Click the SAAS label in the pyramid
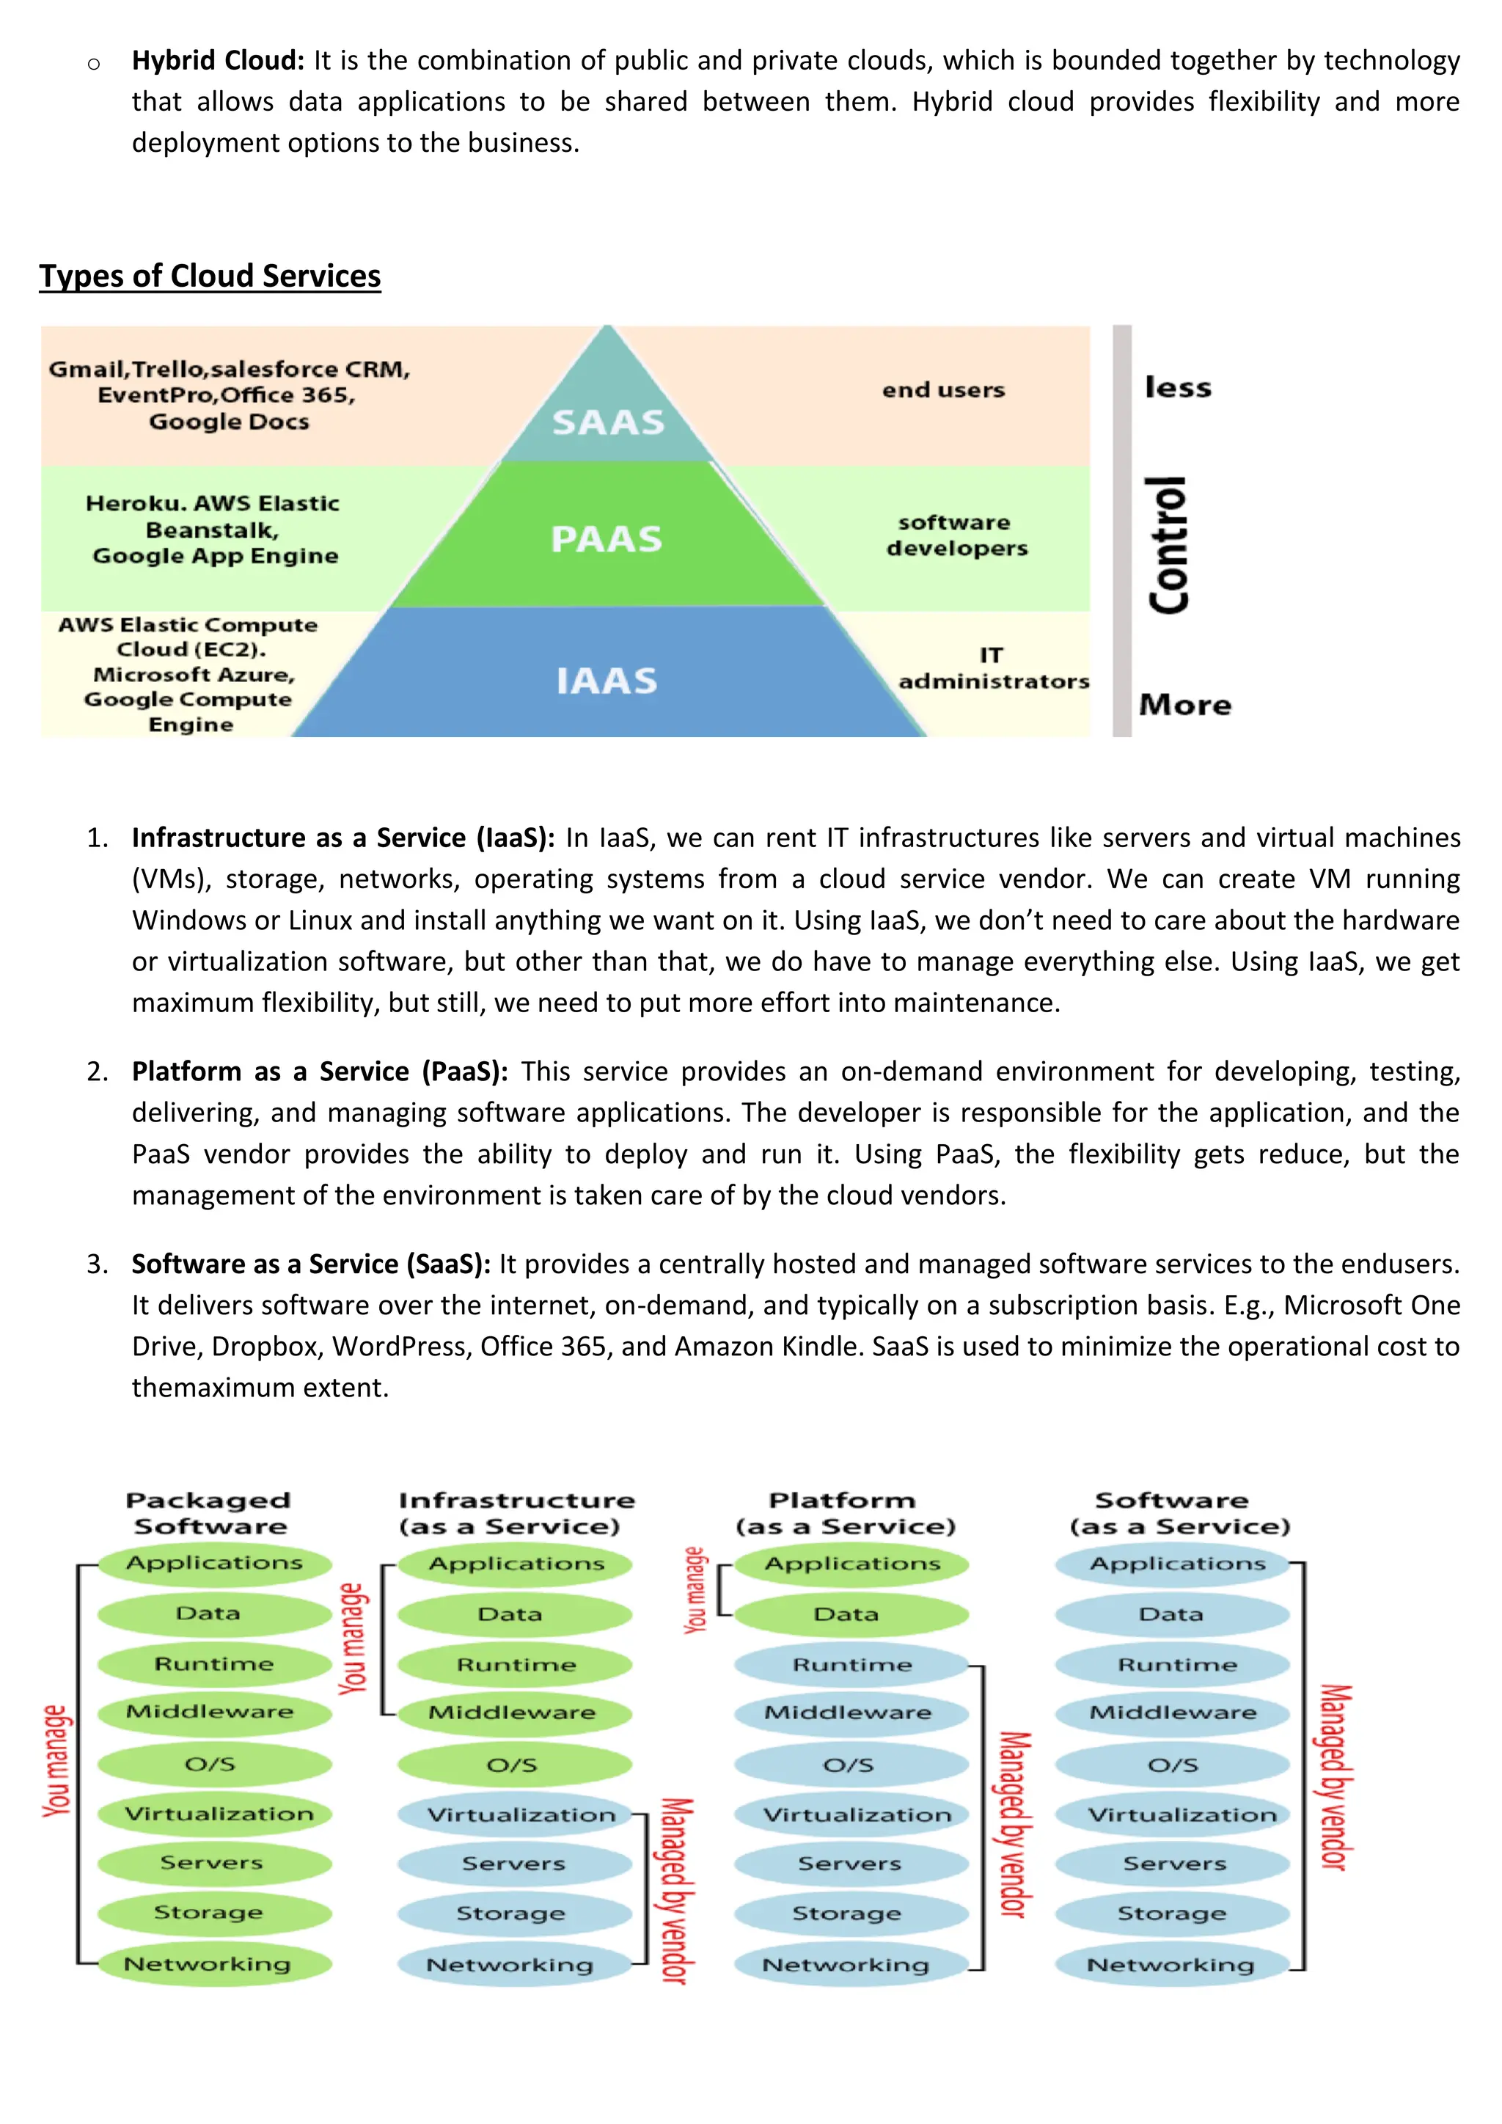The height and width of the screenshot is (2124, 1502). [609, 422]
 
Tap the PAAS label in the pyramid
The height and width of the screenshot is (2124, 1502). [607, 539]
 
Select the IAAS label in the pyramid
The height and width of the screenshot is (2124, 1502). [607, 681]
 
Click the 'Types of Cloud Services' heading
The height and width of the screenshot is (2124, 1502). [210, 276]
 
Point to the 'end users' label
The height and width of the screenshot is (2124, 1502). [943, 390]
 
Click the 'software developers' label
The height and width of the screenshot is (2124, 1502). [956, 535]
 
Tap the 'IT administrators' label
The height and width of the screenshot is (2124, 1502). [993, 669]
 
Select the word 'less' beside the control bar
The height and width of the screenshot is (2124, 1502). [1177, 387]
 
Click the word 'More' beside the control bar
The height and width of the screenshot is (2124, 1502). [1184, 705]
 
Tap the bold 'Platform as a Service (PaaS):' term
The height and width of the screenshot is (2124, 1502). [320, 1072]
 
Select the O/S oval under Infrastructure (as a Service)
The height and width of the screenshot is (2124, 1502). [513, 1766]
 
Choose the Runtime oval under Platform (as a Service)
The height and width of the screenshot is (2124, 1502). [851, 1665]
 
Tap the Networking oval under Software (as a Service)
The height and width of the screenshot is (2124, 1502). [1171, 1964]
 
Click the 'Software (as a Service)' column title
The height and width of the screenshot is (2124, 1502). [1179, 1514]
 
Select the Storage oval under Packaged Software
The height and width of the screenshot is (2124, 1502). [210, 1912]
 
